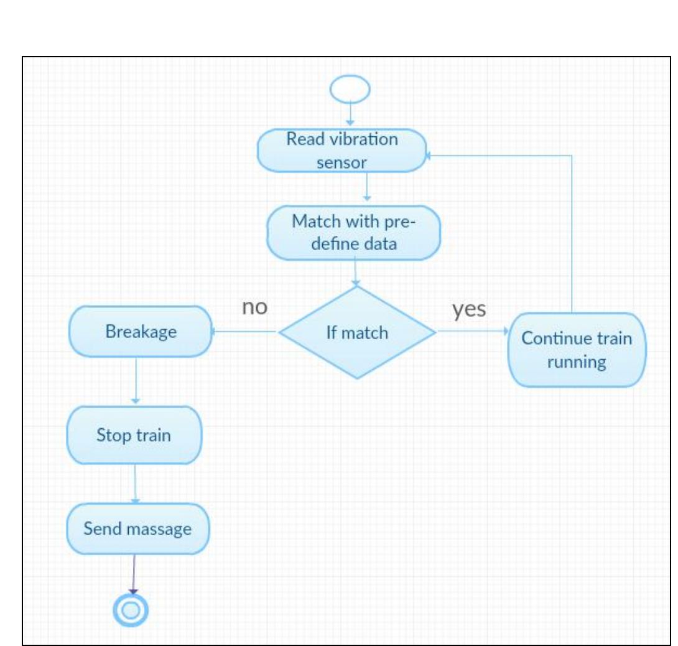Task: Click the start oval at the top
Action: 350,90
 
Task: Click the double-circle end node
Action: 131,611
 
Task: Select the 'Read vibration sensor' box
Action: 341,151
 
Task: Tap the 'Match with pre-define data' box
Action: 353,232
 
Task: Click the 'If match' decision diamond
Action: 357,332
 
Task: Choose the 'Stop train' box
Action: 134,434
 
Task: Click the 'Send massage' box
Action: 137,529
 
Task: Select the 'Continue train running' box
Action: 576,350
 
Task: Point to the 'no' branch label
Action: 254,307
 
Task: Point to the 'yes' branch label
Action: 469,309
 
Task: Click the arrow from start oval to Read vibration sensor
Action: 350,115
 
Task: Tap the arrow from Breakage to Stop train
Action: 136,381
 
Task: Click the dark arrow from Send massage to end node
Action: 132,573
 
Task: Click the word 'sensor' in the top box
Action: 341,163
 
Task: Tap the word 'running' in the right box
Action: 576,362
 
